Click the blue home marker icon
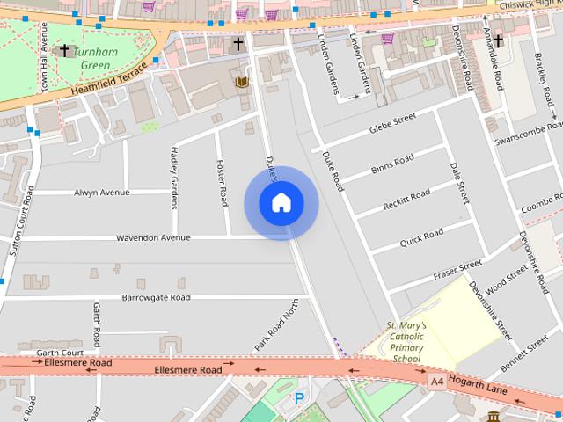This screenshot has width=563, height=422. [281, 202]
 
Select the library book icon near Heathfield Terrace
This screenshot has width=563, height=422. [242, 82]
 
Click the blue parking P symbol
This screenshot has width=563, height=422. [299, 398]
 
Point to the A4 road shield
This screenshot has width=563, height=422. [437, 382]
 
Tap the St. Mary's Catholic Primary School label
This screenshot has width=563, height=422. [406, 342]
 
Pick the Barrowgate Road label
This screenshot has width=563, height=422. [156, 298]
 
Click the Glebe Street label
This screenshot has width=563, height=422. [392, 124]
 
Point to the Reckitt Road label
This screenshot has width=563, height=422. [406, 200]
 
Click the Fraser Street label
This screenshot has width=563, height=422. [458, 270]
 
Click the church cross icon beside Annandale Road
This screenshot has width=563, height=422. [498, 41]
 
